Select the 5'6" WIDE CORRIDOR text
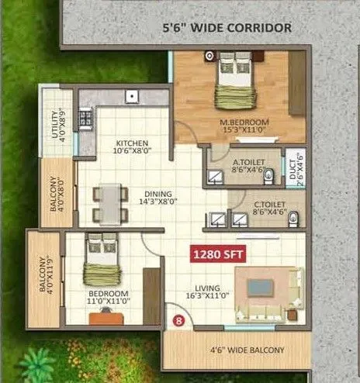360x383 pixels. [226, 28]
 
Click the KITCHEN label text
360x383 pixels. [132, 147]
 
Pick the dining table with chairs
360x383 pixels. [109, 203]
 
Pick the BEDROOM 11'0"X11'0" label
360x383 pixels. [108, 298]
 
